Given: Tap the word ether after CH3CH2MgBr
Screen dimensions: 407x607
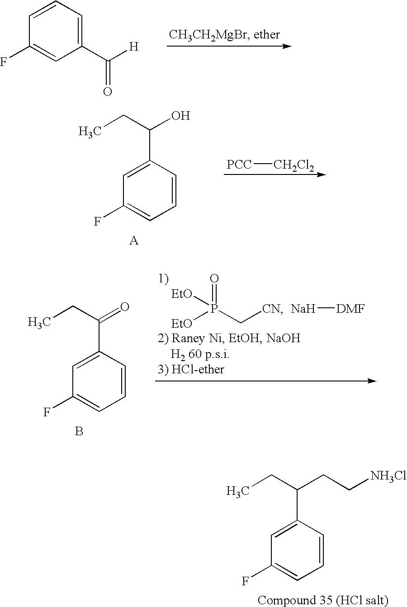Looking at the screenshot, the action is coord(267,34).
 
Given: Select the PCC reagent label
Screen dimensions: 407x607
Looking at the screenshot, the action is coord(239,165).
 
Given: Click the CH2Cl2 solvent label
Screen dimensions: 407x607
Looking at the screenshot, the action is coord(293,165).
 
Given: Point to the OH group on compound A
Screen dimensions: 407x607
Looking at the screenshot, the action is coord(180,116).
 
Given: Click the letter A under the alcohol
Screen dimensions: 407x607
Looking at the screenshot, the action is coord(134,240).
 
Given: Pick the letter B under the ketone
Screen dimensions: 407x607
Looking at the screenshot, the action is coord(79,431).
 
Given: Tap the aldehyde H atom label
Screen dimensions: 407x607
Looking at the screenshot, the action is coord(134,47).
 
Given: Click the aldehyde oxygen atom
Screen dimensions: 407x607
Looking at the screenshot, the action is coord(107,92).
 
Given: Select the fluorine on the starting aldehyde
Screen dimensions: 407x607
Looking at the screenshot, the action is coord(3,62).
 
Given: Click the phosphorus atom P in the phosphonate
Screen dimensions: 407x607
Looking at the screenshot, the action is coord(214,308).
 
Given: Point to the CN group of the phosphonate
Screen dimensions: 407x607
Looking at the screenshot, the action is coord(271,309).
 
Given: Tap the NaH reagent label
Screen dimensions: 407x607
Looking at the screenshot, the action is coord(303,309).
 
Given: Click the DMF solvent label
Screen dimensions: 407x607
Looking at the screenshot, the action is coord(350,309).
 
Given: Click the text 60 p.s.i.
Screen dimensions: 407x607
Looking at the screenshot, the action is coord(209,354).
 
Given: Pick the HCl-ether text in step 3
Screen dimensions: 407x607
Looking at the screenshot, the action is coord(198,369).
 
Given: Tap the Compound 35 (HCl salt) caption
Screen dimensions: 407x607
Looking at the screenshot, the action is coord(323,600).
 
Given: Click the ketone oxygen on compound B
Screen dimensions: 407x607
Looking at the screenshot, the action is coord(124,307).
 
